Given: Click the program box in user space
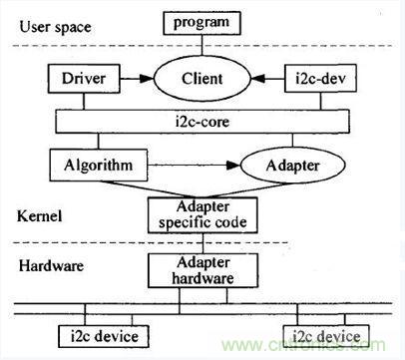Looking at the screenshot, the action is [x=202, y=23].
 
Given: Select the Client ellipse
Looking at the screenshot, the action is [x=202, y=79].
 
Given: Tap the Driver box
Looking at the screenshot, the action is [x=84, y=79].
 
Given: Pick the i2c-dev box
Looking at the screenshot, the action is [x=320, y=79].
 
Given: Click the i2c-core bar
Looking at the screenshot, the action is [x=202, y=122].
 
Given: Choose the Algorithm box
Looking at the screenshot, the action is [x=99, y=166].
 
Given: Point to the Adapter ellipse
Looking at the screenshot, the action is [x=292, y=166].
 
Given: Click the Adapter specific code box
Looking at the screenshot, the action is [x=202, y=215].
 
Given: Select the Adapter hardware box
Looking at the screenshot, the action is [x=202, y=270].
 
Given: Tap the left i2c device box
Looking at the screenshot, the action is [x=104, y=336].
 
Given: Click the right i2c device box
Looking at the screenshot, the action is [x=326, y=336].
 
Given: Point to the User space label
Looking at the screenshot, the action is [x=55, y=27].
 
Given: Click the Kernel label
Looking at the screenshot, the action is [x=40, y=216].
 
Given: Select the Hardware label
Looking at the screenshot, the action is [x=51, y=266].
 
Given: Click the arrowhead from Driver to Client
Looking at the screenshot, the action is [x=147, y=79].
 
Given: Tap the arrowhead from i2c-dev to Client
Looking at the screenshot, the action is [x=257, y=79].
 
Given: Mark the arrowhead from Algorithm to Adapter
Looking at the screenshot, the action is [x=232, y=166].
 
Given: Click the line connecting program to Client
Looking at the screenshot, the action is [x=202, y=45].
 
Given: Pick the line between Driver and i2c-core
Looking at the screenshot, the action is [x=84, y=101].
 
